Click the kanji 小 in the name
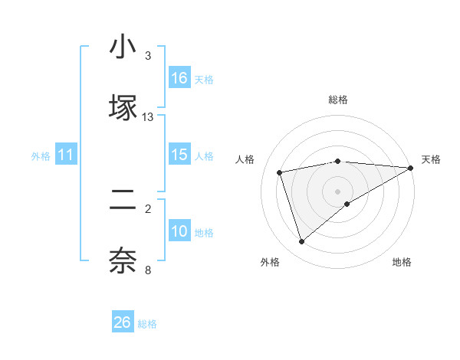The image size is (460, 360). point(123,48)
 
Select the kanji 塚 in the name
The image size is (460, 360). point(123,108)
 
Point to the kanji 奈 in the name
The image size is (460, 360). point(123,260)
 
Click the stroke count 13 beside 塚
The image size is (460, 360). point(148,117)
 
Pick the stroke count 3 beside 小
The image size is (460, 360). point(148,56)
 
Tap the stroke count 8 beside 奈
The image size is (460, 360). point(148,270)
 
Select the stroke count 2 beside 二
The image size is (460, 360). point(148,208)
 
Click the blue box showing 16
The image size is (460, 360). point(179,78)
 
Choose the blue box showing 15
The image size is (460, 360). point(179,155)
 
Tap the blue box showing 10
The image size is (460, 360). point(179,231)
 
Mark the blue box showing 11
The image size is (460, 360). point(66,155)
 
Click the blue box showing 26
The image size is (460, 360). point(123,322)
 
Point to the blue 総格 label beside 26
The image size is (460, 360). point(147,324)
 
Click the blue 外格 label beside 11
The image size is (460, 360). point(41,156)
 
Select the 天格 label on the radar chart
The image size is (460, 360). point(431,159)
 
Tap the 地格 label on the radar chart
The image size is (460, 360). point(402,262)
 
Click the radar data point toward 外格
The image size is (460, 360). point(301,241)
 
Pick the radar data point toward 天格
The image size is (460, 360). point(411,168)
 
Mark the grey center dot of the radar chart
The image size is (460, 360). point(338,191)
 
